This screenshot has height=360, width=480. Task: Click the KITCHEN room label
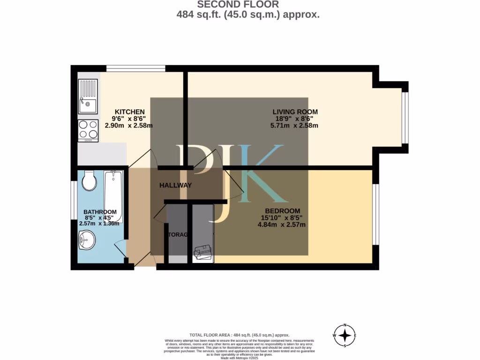[x=130, y=112]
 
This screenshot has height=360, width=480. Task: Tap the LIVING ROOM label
[x=295, y=112]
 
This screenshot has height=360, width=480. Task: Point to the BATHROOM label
[x=100, y=212]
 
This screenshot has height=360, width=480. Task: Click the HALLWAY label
[x=175, y=186]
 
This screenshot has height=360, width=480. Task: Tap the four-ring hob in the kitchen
[x=88, y=130]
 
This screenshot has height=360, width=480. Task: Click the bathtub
[x=113, y=197]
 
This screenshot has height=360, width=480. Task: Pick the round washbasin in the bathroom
[x=87, y=241]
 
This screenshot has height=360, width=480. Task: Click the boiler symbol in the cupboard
[x=203, y=252]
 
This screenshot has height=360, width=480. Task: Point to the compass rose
[x=345, y=336]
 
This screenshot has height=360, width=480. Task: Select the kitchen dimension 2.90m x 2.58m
[x=128, y=126]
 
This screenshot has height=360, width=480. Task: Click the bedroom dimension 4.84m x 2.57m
[x=281, y=225]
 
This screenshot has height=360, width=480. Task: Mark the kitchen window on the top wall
[x=135, y=69]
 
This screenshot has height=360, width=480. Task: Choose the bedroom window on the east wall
[x=375, y=214]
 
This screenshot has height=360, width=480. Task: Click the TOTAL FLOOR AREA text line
[x=240, y=335]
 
